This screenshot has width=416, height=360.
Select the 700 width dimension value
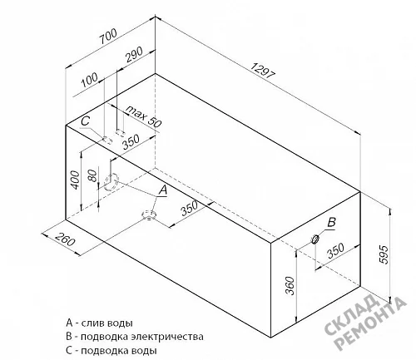[109, 37]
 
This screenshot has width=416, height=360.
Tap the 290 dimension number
[134, 54]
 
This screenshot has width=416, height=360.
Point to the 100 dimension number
[90, 80]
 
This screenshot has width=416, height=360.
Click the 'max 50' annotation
[143, 116]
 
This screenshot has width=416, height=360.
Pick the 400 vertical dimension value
[75, 180]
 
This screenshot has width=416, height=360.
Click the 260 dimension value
[65, 239]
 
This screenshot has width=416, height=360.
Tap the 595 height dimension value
[383, 254]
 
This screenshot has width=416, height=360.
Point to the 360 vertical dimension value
[289, 286]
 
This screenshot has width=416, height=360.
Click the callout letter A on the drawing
[163, 190]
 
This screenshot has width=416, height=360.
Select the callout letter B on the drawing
[331, 222]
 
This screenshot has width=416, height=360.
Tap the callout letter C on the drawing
[86, 121]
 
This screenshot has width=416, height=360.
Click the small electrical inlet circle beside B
[315, 239]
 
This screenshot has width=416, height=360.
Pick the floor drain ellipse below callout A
[149, 215]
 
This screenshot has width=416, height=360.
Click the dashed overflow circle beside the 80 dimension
[111, 182]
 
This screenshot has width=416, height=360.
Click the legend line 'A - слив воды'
[99, 323]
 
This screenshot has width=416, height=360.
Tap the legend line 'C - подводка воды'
[111, 351]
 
